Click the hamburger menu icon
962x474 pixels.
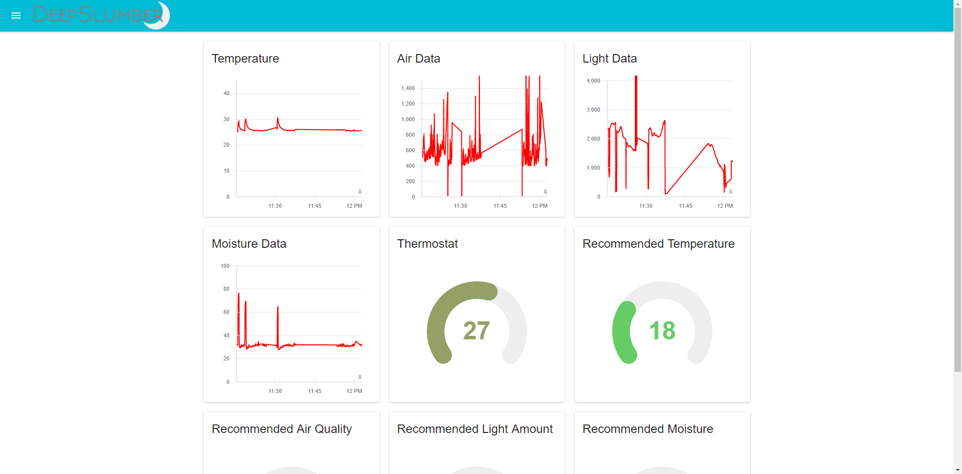(16, 16)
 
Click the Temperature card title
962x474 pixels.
(245, 59)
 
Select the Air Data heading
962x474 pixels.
(418, 59)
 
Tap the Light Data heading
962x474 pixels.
(609, 59)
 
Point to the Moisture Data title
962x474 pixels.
(249, 244)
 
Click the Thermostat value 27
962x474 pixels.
(476, 331)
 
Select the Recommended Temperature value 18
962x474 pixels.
(662, 331)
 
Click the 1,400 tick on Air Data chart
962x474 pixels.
(408, 88)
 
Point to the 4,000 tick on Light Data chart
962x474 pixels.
(593, 81)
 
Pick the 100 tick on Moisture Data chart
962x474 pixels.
(225, 266)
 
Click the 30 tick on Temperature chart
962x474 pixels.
(226, 119)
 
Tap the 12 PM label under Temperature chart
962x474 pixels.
(354, 206)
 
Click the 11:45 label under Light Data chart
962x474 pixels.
(685, 206)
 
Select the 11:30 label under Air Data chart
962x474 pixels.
(460, 206)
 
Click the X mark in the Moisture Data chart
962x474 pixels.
(360, 377)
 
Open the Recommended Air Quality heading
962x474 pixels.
(282, 429)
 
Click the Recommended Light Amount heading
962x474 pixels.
(474, 429)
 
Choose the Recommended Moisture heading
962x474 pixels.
(647, 429)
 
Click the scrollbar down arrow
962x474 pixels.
(957, 470)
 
